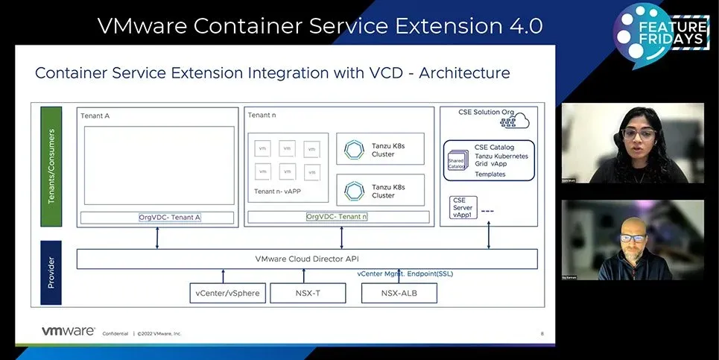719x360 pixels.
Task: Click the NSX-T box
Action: pos(308,293)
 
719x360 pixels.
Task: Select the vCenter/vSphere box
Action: pos(227,293)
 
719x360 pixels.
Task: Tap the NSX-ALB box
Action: pos(399,293)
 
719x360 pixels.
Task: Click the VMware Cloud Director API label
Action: pos(307,259)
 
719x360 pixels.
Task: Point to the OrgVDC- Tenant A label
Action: pos(170,218)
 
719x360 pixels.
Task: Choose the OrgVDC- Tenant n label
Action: pos(337,217)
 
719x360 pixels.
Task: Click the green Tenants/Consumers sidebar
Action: pos(51,167)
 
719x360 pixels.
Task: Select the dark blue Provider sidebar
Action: pos(51,273)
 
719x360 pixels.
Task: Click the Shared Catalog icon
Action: pos(456,162)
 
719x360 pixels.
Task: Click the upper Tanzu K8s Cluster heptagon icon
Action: pos(352,150)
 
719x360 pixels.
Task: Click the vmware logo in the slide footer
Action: pos(68,331)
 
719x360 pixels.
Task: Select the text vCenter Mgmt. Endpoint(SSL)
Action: pos(405,274)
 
